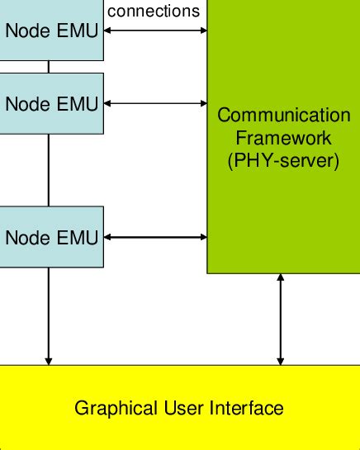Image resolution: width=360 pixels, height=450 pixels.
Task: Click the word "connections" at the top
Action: point(154,11)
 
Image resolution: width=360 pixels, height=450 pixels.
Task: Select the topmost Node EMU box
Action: point(51,31)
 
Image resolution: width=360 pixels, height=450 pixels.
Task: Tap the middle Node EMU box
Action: point(51,104)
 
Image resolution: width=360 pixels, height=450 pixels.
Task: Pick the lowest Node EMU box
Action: point(51,238)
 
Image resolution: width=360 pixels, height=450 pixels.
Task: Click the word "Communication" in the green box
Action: point(283,115)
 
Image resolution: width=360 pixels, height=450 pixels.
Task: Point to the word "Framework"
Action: point(283,137)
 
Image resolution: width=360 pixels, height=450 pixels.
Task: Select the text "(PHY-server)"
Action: point(283,159)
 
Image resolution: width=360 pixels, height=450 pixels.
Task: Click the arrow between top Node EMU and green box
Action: point(155,31)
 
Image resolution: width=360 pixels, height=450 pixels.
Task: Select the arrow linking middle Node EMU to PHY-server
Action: point(155,104)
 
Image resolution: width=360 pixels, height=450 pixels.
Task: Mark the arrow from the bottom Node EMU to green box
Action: point(155,238)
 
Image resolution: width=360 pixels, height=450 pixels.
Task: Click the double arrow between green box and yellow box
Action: point(281,320)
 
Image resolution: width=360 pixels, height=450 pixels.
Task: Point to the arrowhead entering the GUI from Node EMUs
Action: point(49,359)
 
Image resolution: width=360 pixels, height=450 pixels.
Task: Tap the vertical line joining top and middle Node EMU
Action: point(49,67)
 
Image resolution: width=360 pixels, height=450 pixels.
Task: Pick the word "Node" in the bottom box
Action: point(24,238)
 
